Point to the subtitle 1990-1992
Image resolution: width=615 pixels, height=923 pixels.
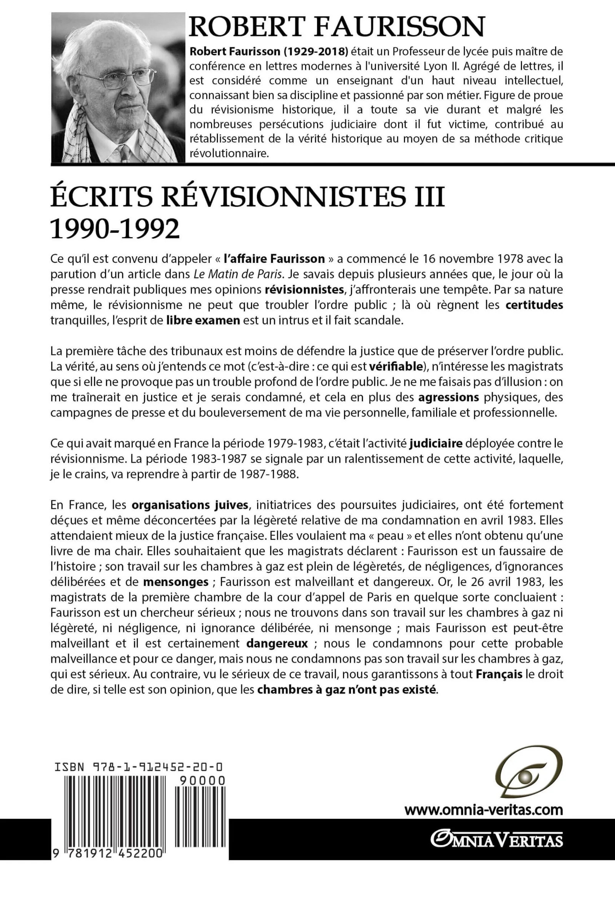tap(115, 229)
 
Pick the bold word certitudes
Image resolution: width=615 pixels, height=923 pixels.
tap(534, 305)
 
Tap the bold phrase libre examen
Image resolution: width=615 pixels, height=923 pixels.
tap(203, 320)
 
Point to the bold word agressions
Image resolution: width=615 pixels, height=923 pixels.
tap(449, 398)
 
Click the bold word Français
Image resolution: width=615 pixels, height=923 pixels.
tap(499, 674)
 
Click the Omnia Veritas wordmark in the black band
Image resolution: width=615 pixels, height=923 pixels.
tap(497, 840)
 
